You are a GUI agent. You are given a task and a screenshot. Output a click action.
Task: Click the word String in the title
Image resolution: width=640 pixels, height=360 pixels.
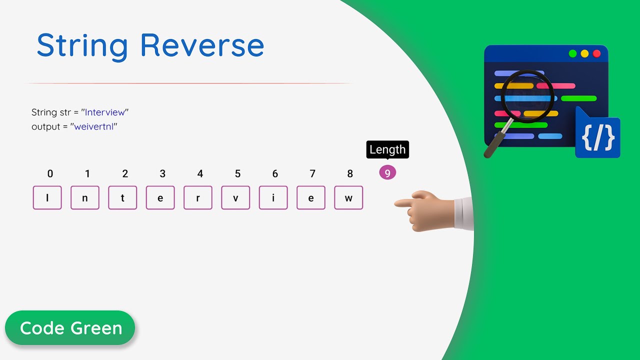pyautogui.click(x=82, y=46)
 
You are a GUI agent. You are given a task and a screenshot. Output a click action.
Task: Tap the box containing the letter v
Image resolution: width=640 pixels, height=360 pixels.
pyautogui.click(x=235, y=197)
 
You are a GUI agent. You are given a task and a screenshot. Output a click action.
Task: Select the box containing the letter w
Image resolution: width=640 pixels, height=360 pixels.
pyautogui.click(x=348, y=197)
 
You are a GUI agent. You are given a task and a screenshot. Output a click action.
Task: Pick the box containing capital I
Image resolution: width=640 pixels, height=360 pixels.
pyautogui.click(x=47, y=197)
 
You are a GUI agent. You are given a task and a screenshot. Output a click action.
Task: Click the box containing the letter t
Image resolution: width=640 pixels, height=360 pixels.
pyautogui.click(x=122, y=197)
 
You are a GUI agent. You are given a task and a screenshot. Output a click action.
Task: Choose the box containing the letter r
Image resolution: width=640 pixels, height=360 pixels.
pyautogui.click(x=198, y=197)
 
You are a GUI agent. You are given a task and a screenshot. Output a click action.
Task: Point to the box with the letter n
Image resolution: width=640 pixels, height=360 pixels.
pyautogui.click(x=85, y=197)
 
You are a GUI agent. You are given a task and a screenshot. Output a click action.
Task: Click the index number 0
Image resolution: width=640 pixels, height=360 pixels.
pyautogui.click(x=50, y=174)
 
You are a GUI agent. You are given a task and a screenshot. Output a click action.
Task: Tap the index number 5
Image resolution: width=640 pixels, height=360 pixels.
pyautogui.click(x=237, y=174)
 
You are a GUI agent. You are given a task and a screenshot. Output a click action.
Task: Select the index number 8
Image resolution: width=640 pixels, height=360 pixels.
pyautogui.click(x=350, y=174)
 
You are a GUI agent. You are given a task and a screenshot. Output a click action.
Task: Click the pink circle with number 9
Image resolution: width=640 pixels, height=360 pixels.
pyautogui.click(x=387, y=173)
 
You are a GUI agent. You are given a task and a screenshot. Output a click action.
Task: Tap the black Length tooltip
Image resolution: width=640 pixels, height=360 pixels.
pyautogui.click(x=387, y=149)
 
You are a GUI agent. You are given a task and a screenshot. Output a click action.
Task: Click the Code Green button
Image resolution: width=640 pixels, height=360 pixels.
pyautogui.click(x=70, y=328)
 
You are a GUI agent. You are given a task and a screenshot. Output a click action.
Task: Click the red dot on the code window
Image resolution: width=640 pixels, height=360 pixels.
pyautogui.click(x=596, y=53)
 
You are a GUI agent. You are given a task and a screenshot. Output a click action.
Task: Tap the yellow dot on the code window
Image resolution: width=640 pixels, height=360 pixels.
pyautogui.click(x=584, y=53)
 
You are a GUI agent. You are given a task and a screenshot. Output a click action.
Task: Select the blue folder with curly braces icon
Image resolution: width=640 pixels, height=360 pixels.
pyautogui.click(x=598, y=135)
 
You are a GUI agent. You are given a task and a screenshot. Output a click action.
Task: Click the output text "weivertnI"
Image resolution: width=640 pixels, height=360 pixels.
pyautogui.click(x=95, y=126)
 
